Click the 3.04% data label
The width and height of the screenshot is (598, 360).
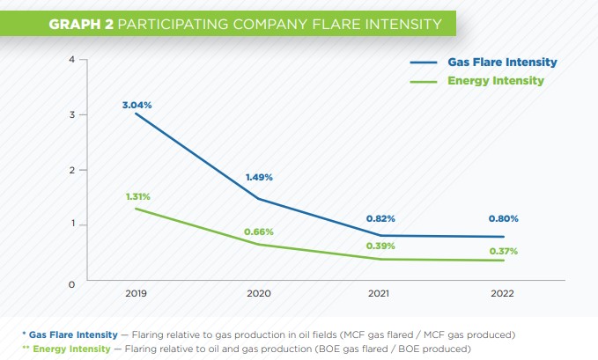(137, 105)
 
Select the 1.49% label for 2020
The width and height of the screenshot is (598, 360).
(258, 177)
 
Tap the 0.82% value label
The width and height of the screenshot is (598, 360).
(380, 217)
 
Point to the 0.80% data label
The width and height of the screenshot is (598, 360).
(503, 218)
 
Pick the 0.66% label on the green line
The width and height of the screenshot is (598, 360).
(259, 231)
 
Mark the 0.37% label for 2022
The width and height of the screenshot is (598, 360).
(503, 251)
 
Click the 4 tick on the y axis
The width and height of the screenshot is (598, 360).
(70, 59)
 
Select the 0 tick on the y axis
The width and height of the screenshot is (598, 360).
(70, 284)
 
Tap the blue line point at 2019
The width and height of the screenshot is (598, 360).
(135, 114)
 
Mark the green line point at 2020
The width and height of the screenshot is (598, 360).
(257, 244)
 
